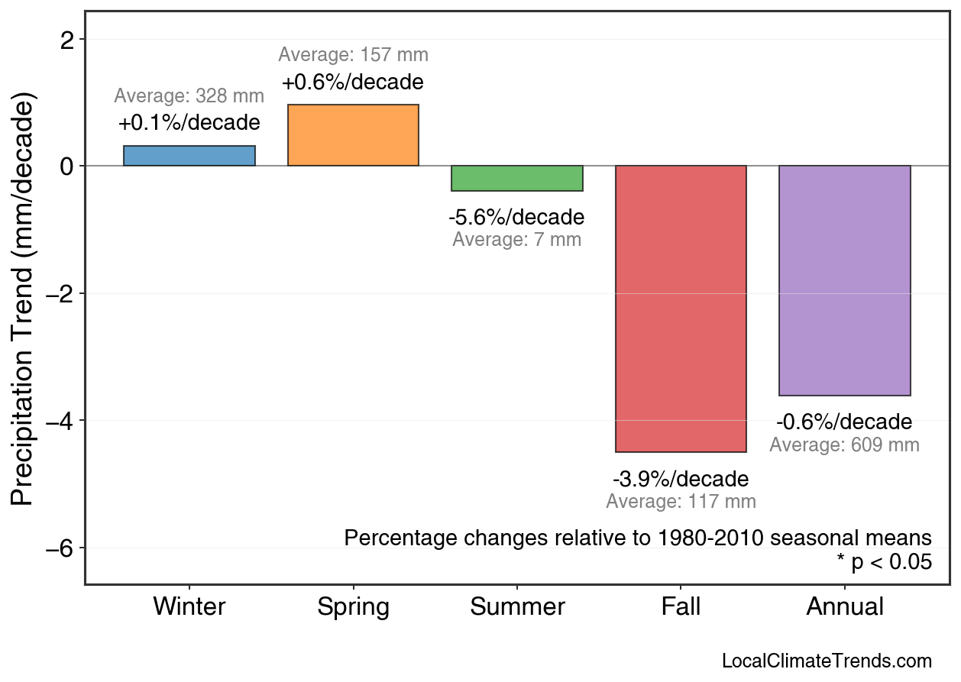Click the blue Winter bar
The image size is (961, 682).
[x=189, y=156]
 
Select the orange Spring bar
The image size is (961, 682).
[x=353, y=135]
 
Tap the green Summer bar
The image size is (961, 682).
[x=517, y=178]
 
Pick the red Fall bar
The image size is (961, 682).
[x=681, y=309]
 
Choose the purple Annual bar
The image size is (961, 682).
[x=845, y=280]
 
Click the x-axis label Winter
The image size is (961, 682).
[x=189, y=607]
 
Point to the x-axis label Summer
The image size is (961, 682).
[x=517, y=607]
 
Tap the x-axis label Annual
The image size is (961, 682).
[x=845, y=607]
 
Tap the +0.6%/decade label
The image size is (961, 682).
[x=352, y=82]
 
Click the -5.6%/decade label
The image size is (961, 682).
[x=516, y=218]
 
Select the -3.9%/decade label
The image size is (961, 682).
[x=681, y=480]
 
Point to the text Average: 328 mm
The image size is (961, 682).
[x=189, y=96]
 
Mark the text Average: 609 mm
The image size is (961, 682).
[x=844, y=444]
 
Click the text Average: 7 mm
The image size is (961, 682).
[x=516, y=240]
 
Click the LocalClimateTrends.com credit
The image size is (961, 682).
[x=827, y=661]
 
